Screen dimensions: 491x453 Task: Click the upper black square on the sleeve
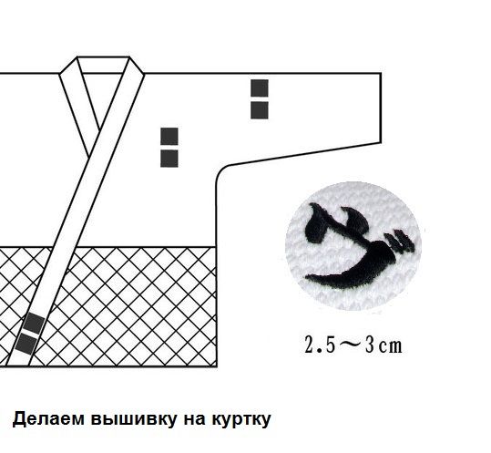[x=260, y=88]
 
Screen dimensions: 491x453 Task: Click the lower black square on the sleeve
[x=260, y=110]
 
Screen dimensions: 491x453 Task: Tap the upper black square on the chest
[x=169, y=137]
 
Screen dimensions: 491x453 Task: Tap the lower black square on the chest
[x=169, y=159]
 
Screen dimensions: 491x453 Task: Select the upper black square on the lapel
[x=34, y=324]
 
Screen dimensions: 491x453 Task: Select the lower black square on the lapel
[x=26, y=344]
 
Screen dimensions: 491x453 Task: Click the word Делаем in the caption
[x=48, y=419]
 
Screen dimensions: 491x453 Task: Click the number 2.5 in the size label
[x=320, y=345]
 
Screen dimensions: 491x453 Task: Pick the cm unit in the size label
[x=391, y=346]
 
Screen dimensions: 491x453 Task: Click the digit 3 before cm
[x=370, y=345]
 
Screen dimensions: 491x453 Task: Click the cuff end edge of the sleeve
[x=381, y=108]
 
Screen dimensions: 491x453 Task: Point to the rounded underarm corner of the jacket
[x=222, y=171]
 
